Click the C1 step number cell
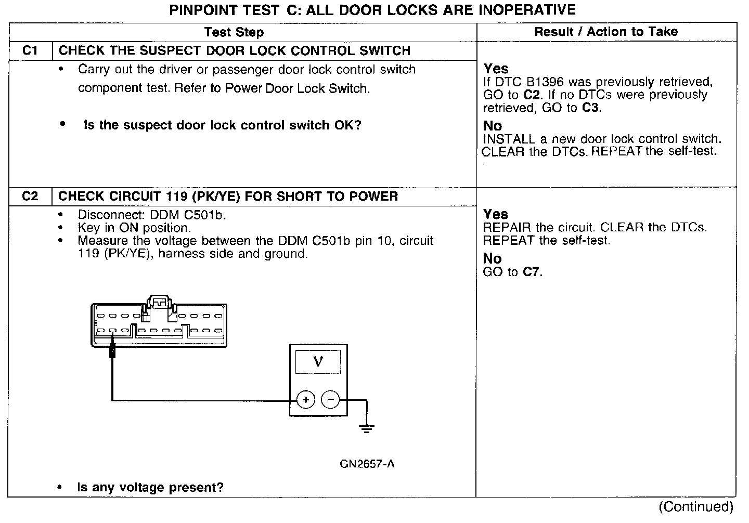pos(31,51)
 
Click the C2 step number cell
pos(31,197)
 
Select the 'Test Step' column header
pos(234,32)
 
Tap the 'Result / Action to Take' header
pos(606,32)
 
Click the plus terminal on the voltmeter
pos(306,400)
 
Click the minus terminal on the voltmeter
pos(330,400)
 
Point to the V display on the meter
pos(318,361)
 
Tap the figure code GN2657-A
pos(367,464)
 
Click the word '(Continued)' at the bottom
pos(696,506)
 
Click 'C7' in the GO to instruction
pos(531,272)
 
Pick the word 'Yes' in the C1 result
pos(496,69)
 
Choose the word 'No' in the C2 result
pos(493,258)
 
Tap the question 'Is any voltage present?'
pos(150,488)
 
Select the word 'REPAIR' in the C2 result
pos(507,228)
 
